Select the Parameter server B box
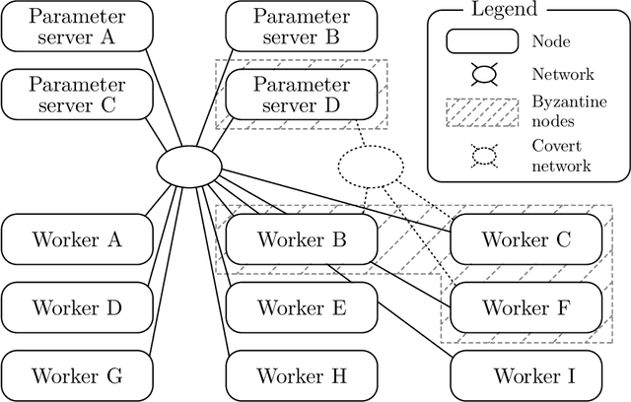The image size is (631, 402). pyautogui.click(x=302, y=27)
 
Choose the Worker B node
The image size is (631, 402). pyautogui.click(x=302, y=239)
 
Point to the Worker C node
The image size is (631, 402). pyautogui.click(x=526, y=239)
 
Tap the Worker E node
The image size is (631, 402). pyautogui.click(x=302, y=307)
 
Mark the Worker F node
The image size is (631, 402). pyautogui.click(x=526, y=307)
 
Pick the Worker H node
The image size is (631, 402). pyautogui.click(x=302, y=375)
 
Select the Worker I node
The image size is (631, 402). pyautogui.click(x=526, y=375)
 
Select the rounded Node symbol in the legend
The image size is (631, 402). pyautogui.click(x=485, y=42)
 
